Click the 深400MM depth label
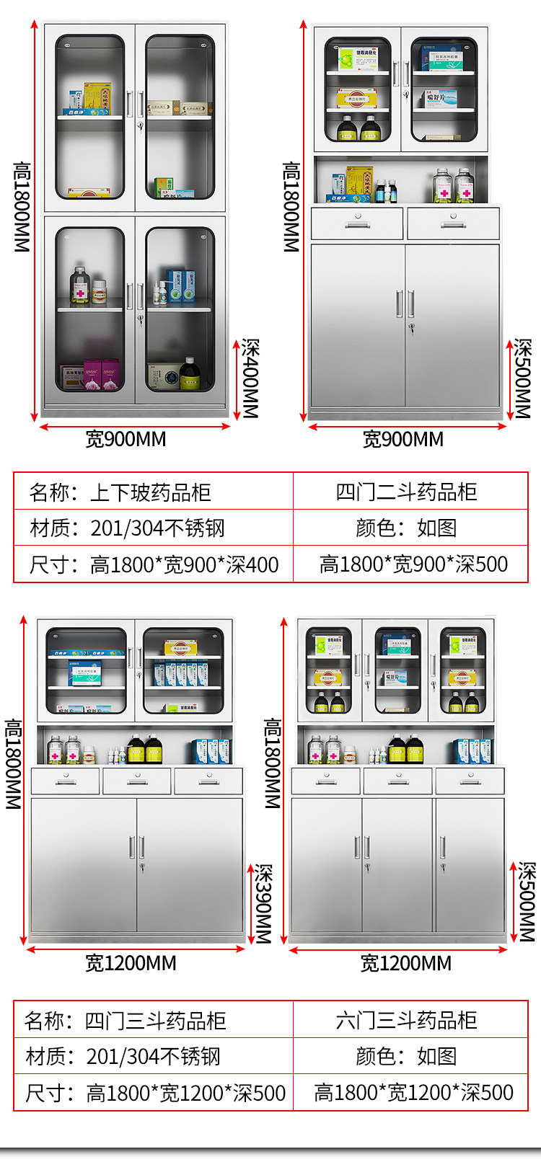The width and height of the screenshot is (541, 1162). click(250, 378)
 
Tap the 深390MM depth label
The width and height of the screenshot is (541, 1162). click(263, 904)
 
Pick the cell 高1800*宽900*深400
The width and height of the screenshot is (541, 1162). click(184, 564)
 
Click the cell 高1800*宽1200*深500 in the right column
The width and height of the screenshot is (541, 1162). click(413, 1093)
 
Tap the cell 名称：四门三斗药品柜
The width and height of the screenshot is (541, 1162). click(126, 1021)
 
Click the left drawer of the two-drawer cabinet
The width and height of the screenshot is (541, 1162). click(357, 223)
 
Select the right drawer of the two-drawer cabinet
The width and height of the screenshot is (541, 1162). click(453, 223)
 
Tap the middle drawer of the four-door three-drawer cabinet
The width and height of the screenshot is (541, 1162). click(137, 781)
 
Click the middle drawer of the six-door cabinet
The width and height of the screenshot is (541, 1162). click(398, 781)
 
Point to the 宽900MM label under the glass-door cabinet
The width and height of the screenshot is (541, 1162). click(126, 439)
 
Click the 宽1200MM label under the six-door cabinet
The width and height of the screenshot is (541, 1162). click(405, 963)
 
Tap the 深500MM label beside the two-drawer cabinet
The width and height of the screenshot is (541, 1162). click(522, 378)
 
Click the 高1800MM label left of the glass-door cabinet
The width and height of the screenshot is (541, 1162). click(22, 206)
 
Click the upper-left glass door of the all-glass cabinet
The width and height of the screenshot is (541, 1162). click(90, 117)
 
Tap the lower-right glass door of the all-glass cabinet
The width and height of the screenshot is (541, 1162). click(180, 310)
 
